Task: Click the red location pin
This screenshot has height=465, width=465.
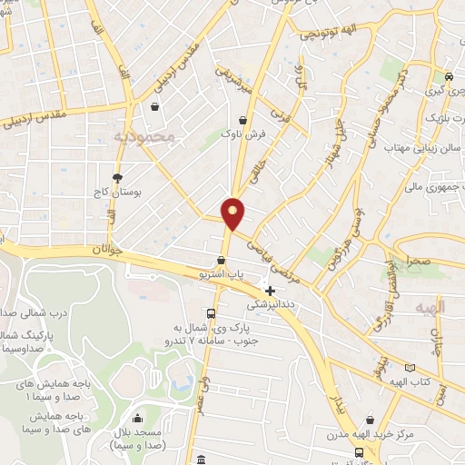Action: (x=233, y=213)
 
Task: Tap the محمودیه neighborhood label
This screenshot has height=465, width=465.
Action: (x=151, y=136)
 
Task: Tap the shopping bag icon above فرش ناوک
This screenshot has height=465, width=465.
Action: (x=242, y=120)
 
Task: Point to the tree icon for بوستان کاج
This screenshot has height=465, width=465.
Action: (x=117, y=177)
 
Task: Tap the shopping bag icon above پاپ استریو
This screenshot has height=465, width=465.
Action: (x=221, y=260)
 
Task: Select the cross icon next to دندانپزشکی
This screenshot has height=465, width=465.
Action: (x=271, y=291)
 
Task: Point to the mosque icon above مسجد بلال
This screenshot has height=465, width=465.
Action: (x=137, y=419)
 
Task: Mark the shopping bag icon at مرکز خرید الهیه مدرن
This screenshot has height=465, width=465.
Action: (x=360, y=450)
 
